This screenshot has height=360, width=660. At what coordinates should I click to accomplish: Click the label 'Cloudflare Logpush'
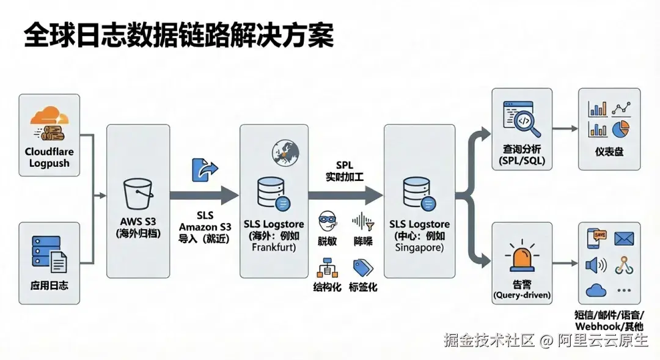point(49,157)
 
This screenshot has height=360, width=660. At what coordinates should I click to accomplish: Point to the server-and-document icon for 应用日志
point(50,254)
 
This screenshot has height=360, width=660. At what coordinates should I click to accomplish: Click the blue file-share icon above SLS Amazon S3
point(204,169)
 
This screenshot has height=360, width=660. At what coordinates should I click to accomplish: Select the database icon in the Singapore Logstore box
point(419,193)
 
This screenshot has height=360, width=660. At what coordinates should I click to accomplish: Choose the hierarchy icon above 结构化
point(326,267)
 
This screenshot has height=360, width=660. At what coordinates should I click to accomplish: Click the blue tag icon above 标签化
point(363,267)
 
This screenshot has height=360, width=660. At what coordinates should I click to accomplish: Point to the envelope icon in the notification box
point(623,238)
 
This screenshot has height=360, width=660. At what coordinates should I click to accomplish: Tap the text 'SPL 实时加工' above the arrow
point(345,172)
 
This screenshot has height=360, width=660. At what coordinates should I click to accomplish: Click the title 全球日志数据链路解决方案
point(178,36)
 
